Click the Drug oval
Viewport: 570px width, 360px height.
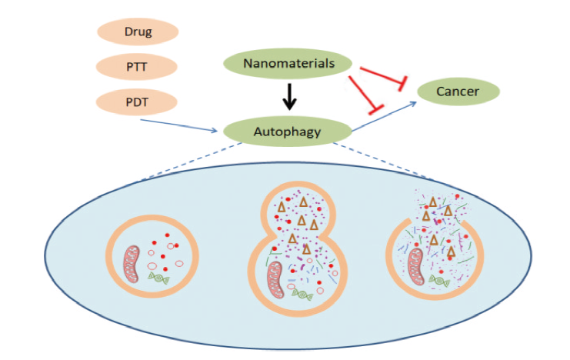tap(138, 32)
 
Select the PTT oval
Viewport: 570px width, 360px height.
tap(138, 66)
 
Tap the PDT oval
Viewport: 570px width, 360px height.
tap(138, 100)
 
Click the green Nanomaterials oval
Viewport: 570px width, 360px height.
tap(288, 64)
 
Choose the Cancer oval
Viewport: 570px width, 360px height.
tap(458, 92)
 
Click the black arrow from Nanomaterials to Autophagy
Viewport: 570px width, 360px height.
tap(288, 97)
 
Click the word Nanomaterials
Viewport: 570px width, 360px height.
tap(288, 64)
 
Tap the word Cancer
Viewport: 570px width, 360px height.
tap(458, 92)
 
